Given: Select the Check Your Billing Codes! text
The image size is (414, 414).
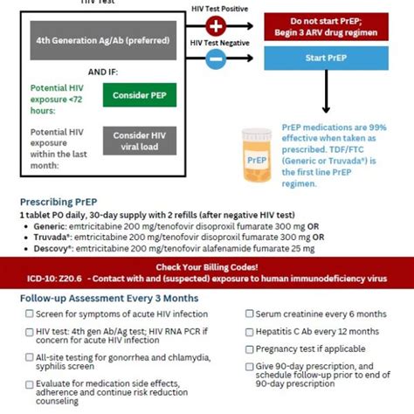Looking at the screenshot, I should [x=206, y=266].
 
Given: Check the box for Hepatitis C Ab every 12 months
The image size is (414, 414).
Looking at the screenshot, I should [x=250, y=331].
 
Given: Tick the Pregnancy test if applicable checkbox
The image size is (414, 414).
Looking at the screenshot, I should [x=250, y=348].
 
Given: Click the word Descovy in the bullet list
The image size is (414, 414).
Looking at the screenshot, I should [x=52, y=248].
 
